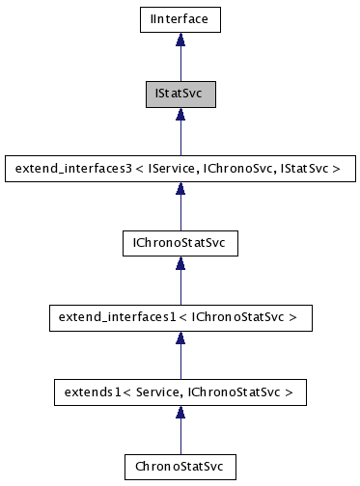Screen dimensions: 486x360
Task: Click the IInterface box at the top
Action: [180, 18]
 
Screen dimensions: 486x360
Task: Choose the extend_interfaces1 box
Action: [180, 317]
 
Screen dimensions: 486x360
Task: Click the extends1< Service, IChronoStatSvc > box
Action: [180, 392]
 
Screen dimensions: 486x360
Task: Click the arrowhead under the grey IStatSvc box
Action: [180, 114]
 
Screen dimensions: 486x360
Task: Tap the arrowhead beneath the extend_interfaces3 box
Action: [180, 189]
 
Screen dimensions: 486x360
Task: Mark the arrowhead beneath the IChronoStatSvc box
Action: [180, 263]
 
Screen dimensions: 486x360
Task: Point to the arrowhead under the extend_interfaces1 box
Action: [180, 337]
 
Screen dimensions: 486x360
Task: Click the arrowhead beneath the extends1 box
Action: [180, 413]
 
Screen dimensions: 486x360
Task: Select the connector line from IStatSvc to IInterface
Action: [180, 63]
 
